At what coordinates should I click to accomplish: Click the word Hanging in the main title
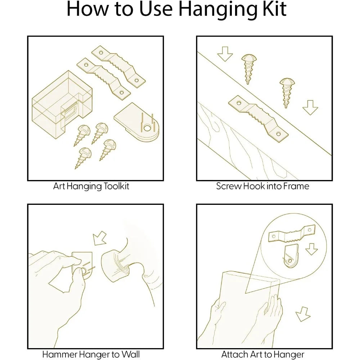217,10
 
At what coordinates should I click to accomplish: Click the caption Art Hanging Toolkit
91,186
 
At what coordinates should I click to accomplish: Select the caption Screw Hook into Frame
262,186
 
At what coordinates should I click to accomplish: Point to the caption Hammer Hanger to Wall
91,354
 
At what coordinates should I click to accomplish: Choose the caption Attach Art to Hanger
263,355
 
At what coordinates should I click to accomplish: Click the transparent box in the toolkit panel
62,105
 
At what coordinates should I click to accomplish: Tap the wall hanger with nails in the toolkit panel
137,122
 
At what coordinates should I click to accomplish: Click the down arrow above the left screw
225,54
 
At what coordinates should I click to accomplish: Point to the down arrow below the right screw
310,107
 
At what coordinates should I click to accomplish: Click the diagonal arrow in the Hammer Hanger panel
100,238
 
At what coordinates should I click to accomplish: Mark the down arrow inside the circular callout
311,249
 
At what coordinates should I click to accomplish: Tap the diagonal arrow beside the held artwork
303,314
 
